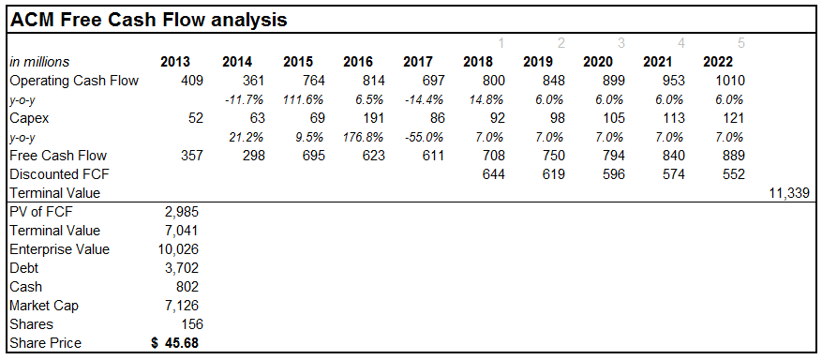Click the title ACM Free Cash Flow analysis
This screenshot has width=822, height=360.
[x=148, y=19]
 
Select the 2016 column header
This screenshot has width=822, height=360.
[x=358, y=62]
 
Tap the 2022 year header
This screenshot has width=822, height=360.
[x=718, y=62]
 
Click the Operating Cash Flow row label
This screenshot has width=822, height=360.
[x=74, y=81]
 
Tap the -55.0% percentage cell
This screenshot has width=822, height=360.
[x=413, y=137]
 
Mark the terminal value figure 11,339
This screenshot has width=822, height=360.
[x=787, y=193]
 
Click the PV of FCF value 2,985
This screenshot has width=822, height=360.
[x=180, y=212]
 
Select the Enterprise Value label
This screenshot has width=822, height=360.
[x=59, y=249]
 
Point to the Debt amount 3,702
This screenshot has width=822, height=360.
[x=180, y=268]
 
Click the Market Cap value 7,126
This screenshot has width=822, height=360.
[x=180, y=306]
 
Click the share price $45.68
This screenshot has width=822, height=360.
[x=175, y=343]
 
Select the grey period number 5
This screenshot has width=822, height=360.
[x=741, y=43]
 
